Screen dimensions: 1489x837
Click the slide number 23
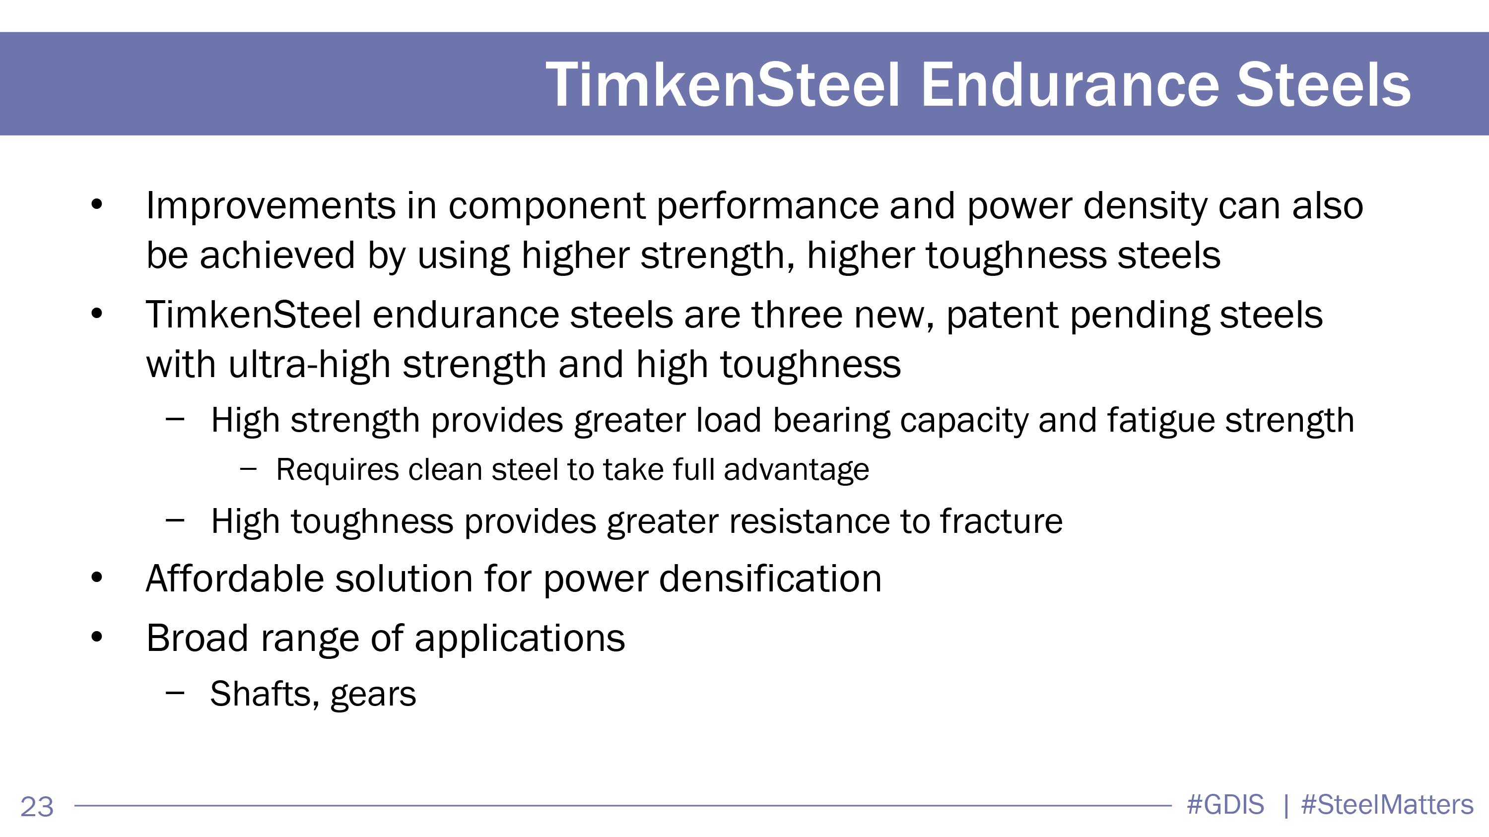point(37,807)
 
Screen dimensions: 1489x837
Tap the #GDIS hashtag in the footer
point(1225,805)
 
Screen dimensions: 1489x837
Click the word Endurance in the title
point(1070,85)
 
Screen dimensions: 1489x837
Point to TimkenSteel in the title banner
point(723,85)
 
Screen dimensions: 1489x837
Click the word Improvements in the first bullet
point(271,206)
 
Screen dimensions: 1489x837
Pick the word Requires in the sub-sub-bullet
point(337,470)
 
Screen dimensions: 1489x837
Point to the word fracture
point(1001,521)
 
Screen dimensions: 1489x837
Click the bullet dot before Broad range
point(97,638)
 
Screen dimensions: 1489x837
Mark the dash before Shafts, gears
point(175,693)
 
